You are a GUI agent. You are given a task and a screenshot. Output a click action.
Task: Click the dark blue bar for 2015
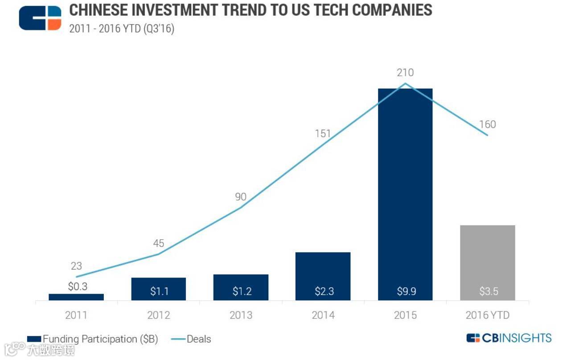405,187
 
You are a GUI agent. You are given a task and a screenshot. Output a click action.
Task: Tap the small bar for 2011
76,297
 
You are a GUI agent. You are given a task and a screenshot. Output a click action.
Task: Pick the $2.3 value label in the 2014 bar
323,291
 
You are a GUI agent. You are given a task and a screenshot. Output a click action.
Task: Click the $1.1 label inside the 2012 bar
159,291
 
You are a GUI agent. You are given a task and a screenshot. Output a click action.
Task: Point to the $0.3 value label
78,286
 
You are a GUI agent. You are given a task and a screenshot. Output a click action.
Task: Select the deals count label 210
405,72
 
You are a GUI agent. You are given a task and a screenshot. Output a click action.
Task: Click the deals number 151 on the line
323,133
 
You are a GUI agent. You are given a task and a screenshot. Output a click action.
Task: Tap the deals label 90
241,197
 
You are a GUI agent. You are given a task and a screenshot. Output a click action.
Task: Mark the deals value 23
76,266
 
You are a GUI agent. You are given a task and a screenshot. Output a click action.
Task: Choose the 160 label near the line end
487,124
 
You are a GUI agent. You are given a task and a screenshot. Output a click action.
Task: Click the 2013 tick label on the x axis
241,315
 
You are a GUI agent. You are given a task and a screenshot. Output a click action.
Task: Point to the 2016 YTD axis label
487,315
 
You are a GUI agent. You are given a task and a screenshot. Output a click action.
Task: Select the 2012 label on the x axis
159,315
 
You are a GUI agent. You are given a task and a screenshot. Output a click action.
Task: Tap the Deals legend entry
192,339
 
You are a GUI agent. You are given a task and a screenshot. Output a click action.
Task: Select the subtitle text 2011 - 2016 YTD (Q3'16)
122,29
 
